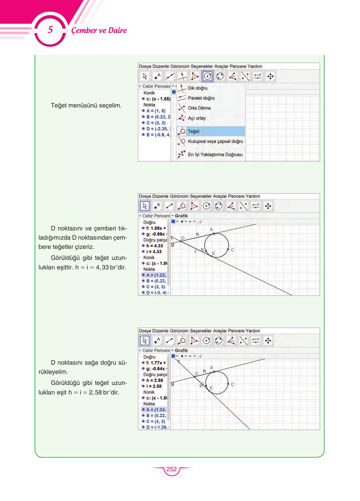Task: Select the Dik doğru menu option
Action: (197, 88)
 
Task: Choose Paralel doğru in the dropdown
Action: (201, 98)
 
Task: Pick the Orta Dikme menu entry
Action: (199, 108)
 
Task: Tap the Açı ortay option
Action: (196, 118)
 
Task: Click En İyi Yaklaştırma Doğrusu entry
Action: (215, 154)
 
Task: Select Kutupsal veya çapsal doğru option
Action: (215, 141)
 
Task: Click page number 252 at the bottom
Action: (171, 469)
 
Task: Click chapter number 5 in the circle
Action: (50, 30)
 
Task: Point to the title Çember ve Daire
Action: (99, 30)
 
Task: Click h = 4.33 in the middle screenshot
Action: (154, 246)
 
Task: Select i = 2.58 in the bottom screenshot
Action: (154, 386)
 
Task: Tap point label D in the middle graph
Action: (183, 238)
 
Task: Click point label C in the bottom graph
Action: (232, 384)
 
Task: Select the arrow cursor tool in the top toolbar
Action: (145, 77)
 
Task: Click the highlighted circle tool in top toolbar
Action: (207, 77)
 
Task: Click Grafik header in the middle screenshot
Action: (181, 216)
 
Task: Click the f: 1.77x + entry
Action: (156, 363)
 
